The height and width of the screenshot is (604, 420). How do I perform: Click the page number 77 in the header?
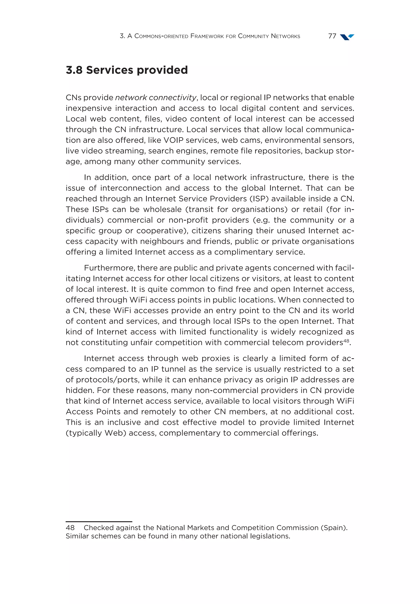(332, 36)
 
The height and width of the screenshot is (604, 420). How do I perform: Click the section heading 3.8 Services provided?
(127, 70)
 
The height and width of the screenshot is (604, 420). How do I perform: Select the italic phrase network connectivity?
(155, 98)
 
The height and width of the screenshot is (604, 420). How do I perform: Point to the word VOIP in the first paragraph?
(173, 140)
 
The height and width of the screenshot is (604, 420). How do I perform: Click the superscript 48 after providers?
(346, 341)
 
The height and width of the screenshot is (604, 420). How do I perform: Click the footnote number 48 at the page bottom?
(70, 528)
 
